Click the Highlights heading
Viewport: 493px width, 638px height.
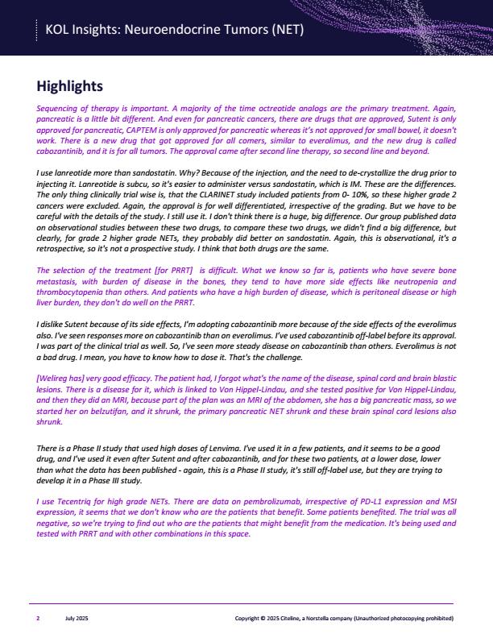pos(70,86)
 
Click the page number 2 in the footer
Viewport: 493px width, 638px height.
pos(38,618)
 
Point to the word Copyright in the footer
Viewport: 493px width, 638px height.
pos(246,618)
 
